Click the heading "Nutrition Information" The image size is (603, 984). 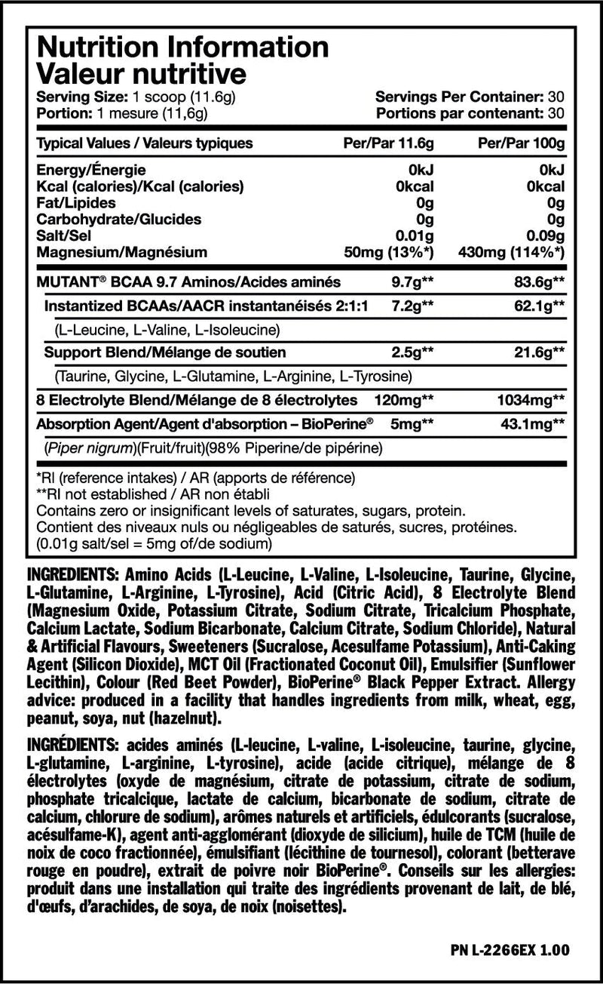coord(182,47)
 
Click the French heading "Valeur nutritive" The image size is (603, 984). coord(141,74)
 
